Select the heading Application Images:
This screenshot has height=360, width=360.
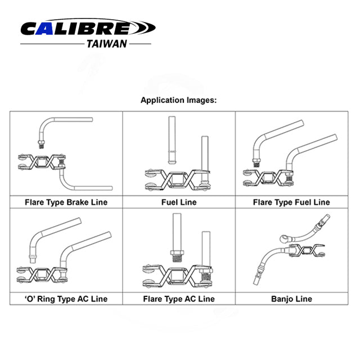(x=178, y=101)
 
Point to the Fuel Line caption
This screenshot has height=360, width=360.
(x=179, y=201)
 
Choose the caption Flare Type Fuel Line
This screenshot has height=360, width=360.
(x=291, y=201)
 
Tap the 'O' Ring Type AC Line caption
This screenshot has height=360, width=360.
(x=66, y=299)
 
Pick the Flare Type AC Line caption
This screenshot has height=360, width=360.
(x=179, y=299)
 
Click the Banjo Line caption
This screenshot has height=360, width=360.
(x=291, y=299)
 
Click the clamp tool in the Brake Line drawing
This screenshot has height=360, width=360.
(x=42, y=164)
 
